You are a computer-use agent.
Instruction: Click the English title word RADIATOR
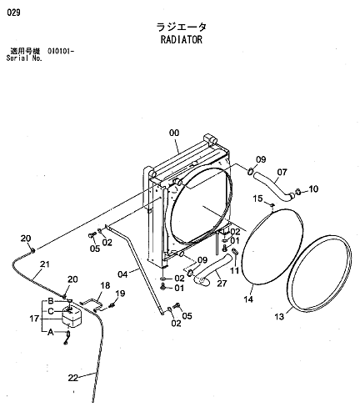tap(182, 40)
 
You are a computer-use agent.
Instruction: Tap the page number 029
tap(13, 13)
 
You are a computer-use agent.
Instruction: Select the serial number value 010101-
tap(61, 51)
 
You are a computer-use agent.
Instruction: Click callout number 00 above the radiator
tap(174, 133)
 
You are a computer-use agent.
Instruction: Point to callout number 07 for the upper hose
tap(282, 172)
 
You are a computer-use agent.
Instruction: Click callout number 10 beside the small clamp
tap(313, 189)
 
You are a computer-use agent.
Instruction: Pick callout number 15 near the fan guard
tap(257, 198)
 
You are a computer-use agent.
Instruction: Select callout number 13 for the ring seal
tap(279, 317)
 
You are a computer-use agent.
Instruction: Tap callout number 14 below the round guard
tap(248, 299)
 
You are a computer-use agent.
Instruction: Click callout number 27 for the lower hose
tap(222, 284)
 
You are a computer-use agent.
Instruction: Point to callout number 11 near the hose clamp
tap(235, 270)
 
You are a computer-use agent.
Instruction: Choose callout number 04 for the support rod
tap(122, 274)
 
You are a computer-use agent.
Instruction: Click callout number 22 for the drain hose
tap(73, 378)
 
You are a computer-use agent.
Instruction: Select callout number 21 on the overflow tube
tap(44, 264)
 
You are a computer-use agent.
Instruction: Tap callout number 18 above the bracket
tap(105, 285)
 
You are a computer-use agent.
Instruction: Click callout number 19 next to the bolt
tap(120, 294)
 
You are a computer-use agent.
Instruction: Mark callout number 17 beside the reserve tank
tap(34, 319)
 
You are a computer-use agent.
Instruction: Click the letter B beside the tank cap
tap(51, 301)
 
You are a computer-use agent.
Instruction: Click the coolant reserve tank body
tap(71, 317)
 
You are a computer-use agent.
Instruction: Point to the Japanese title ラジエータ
tap(182, 28)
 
